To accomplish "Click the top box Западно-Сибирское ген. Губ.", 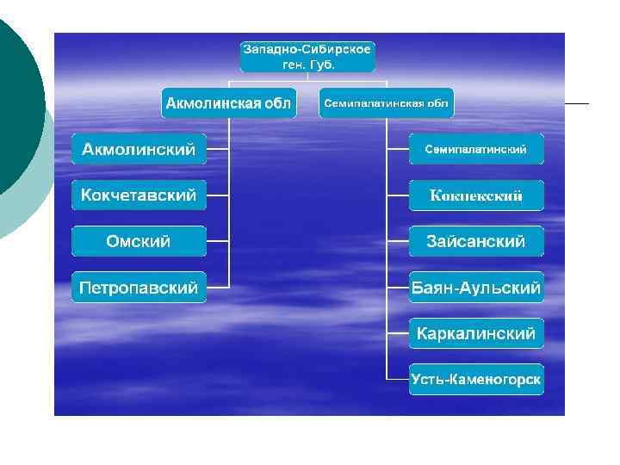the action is pos(307,56).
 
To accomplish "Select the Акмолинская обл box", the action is pos(228,103).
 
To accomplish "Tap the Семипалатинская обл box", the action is pos(387,103).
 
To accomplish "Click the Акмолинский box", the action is pos(139,150).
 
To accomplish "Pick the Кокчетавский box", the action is pos(139,195).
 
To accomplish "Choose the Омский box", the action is pos(139,242).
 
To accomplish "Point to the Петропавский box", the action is pos(139,288).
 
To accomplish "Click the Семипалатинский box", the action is pos(476,149).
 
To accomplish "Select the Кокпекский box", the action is pos(476,196).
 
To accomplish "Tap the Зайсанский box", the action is pos(476,242).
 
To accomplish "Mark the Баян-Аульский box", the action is pos(476,288).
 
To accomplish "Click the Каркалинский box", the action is pos(476,333).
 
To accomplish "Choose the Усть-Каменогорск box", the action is pos(476,379).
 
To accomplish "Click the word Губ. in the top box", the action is pos(324,65).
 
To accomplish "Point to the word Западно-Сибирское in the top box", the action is pos(307,48).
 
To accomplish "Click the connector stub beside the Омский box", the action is pos(219,242).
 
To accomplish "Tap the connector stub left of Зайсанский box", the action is pos(397,242).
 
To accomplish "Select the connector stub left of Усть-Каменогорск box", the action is pos(397,379).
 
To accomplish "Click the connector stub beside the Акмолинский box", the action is pos(219,150).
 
